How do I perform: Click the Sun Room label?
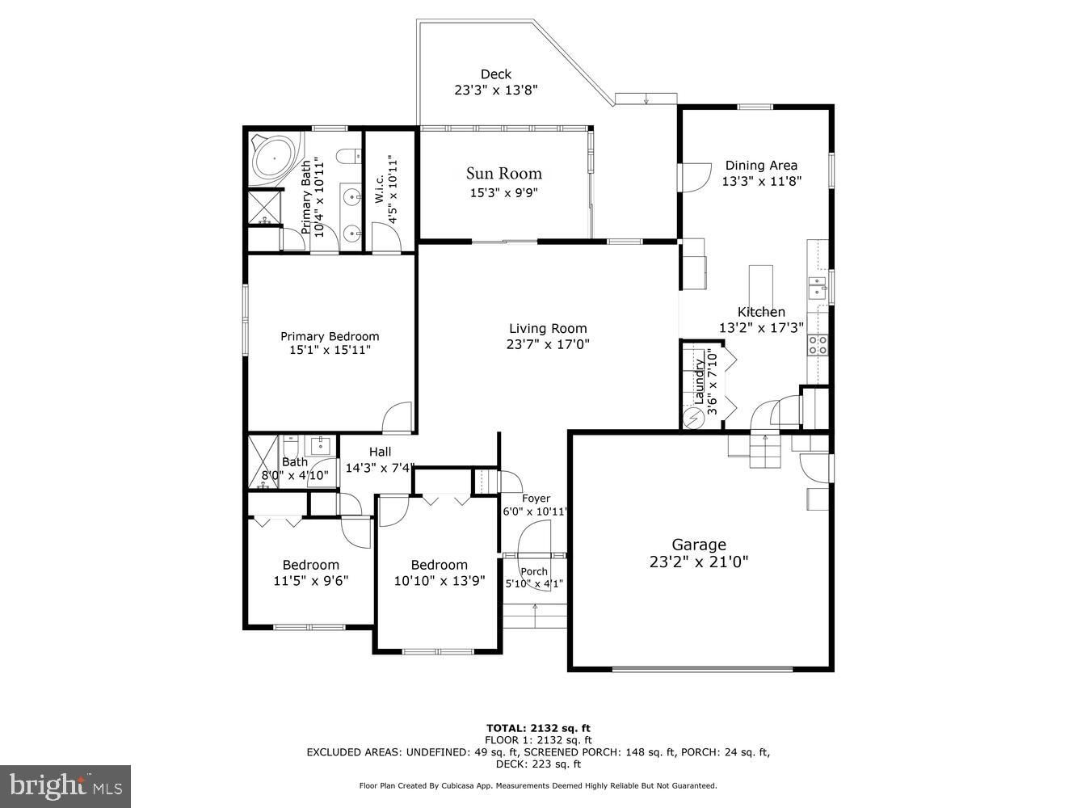pos(503,174)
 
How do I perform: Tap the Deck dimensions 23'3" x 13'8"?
pos(496,90)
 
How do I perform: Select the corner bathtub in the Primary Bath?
pos(274,158)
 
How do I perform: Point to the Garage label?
pos(699,545)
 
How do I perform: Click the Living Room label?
pos(548,328)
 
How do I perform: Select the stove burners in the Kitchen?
pos(818,345)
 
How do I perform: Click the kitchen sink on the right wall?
pos(818,288)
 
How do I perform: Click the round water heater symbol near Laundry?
pos(693,419)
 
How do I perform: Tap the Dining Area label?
pos(761,166)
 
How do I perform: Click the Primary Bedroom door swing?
pos(398,417)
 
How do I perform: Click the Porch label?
pos(534,571)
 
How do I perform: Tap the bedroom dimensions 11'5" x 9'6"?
pos(310,580)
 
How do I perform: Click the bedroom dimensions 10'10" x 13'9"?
pos(439,580)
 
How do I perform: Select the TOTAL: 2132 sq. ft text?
pos(537,728)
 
